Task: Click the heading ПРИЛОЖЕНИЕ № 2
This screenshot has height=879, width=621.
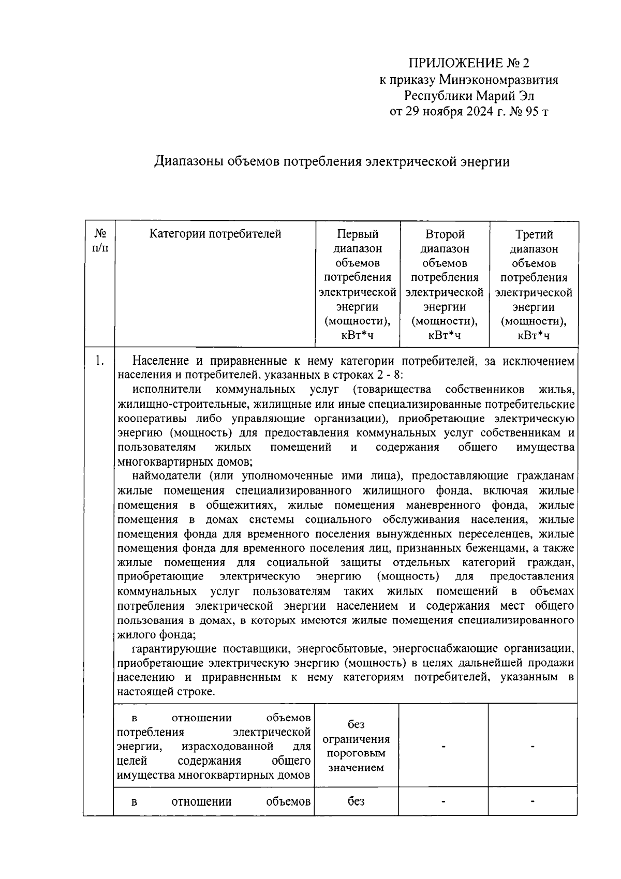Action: tap(469, 63)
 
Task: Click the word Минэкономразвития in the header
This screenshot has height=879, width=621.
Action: tap(498, 80)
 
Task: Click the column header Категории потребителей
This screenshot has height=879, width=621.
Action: tap(215, 234)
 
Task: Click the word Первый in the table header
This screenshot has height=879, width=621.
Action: tap(358, 234)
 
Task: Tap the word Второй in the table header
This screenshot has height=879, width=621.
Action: tap(445, 234)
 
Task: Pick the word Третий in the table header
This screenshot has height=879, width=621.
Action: tap(534, 234)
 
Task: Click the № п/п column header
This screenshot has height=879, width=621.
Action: tap(100, 241)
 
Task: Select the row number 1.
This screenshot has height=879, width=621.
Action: tap(99, 361)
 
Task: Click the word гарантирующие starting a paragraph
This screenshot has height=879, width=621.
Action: tap(174, 649)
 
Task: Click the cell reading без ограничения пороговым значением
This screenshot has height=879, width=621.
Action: tap(356, 746)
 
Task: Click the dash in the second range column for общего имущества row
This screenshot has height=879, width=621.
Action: tap(443, 746)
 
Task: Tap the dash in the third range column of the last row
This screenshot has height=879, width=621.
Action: tap(533, 801)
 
